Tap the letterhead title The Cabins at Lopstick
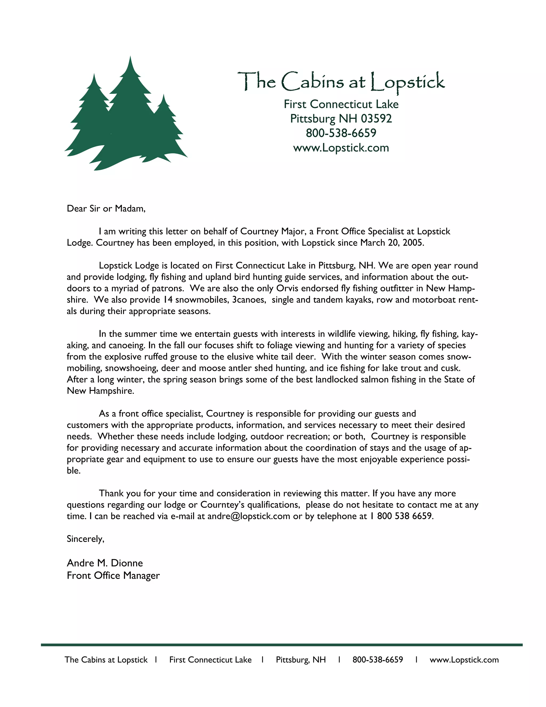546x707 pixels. click(x=341, y=82)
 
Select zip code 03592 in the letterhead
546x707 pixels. click(x=376, y=118)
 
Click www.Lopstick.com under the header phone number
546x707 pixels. click(x=341, y=148)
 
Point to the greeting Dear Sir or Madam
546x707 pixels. click(x=106, y=208)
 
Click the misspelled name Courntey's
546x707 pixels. click(x=223, y=505)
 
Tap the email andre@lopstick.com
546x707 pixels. click(x=248, y=516)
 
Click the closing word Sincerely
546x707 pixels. click(x=85, y=539)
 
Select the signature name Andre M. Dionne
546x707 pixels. click(x=105, y=563)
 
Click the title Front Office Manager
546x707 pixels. click(x=113, y=575)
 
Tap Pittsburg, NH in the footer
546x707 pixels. click(x=300, y=660)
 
